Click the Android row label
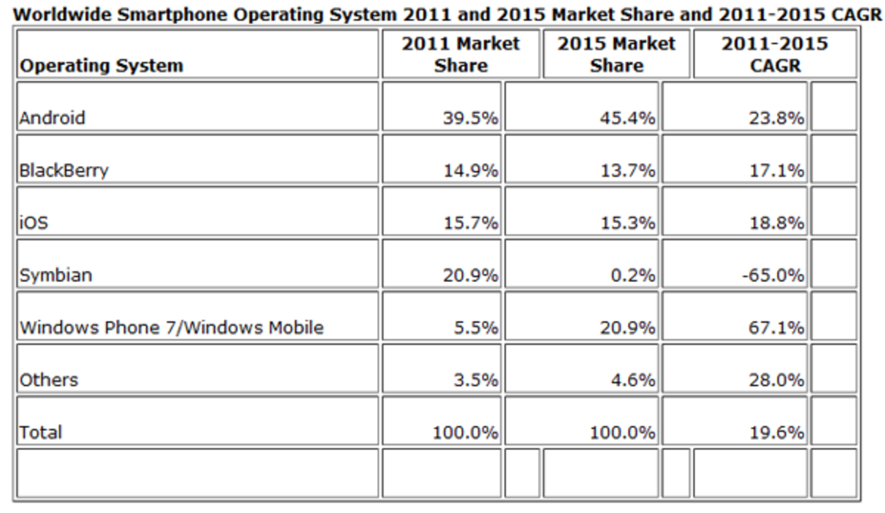coord(52,118)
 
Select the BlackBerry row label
coord(64,171)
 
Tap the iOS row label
coord(33,223)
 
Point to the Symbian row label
coord(55,275)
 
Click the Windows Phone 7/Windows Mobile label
coord(171,327)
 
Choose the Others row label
coord(48,380)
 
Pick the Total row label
coord(41,432)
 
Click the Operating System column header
coord(101,66)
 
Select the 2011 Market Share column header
coord(460,55)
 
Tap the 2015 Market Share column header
coord(616,55)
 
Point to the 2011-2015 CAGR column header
coord(774,55)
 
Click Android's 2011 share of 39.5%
coord(470,118)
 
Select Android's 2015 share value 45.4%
coord(627,118)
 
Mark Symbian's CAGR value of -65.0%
coord(776,275)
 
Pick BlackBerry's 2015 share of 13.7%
coord(627,171)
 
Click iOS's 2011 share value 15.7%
coord(470,223)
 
